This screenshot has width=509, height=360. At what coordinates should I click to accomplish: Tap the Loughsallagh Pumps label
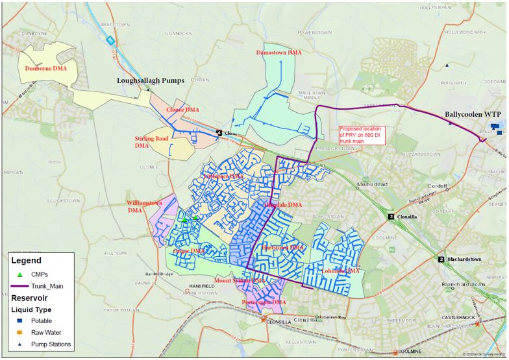click(151, 81)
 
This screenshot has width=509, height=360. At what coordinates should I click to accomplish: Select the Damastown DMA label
click(279, 51)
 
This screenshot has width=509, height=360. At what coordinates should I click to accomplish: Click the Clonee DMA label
click(183, 110)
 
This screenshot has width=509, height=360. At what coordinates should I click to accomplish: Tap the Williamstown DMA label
click(144, 206)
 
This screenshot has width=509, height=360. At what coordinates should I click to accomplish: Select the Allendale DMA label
click(282, 205)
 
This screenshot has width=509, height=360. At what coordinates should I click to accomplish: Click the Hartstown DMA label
click(282, 247)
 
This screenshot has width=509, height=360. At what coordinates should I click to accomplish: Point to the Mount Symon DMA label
click(239, 280)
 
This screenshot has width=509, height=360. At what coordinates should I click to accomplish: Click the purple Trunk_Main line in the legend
click(22, 285)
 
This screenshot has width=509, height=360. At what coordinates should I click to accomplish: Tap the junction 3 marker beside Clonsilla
click(391, 216)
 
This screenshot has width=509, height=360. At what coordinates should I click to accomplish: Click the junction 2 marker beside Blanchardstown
click(441, 259)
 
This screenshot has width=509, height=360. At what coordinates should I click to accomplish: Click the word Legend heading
click(30, 260)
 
